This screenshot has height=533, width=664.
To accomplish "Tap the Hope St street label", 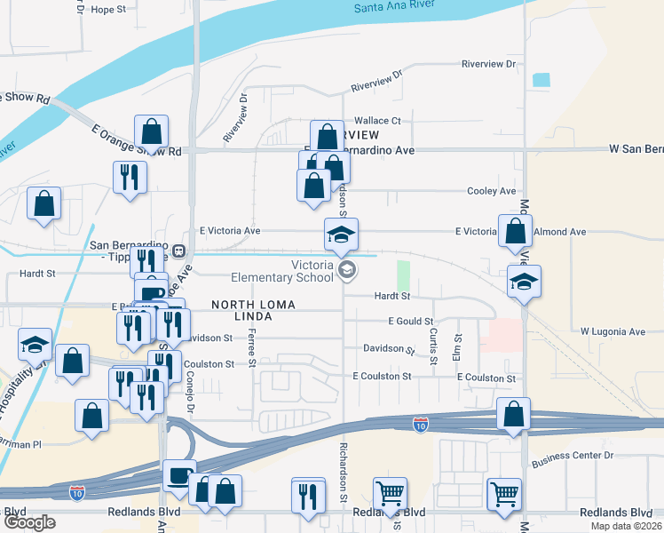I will (x=110, y=10).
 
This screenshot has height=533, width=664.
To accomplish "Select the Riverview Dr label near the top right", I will (x=488, y=64).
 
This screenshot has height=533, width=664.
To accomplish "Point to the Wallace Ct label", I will (x=378, y=120).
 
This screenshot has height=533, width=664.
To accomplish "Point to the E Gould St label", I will (x=411, y=321).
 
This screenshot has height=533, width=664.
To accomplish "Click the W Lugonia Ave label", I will (x=613, y=331).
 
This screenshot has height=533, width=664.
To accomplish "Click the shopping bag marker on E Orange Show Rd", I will (x=153, y=132).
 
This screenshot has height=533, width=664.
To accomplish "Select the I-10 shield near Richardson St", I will (x=422, y=426).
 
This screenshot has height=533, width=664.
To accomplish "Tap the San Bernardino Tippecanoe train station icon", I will (x=178, y=251).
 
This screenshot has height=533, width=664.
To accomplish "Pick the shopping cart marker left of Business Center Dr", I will (x=504, y=493).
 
